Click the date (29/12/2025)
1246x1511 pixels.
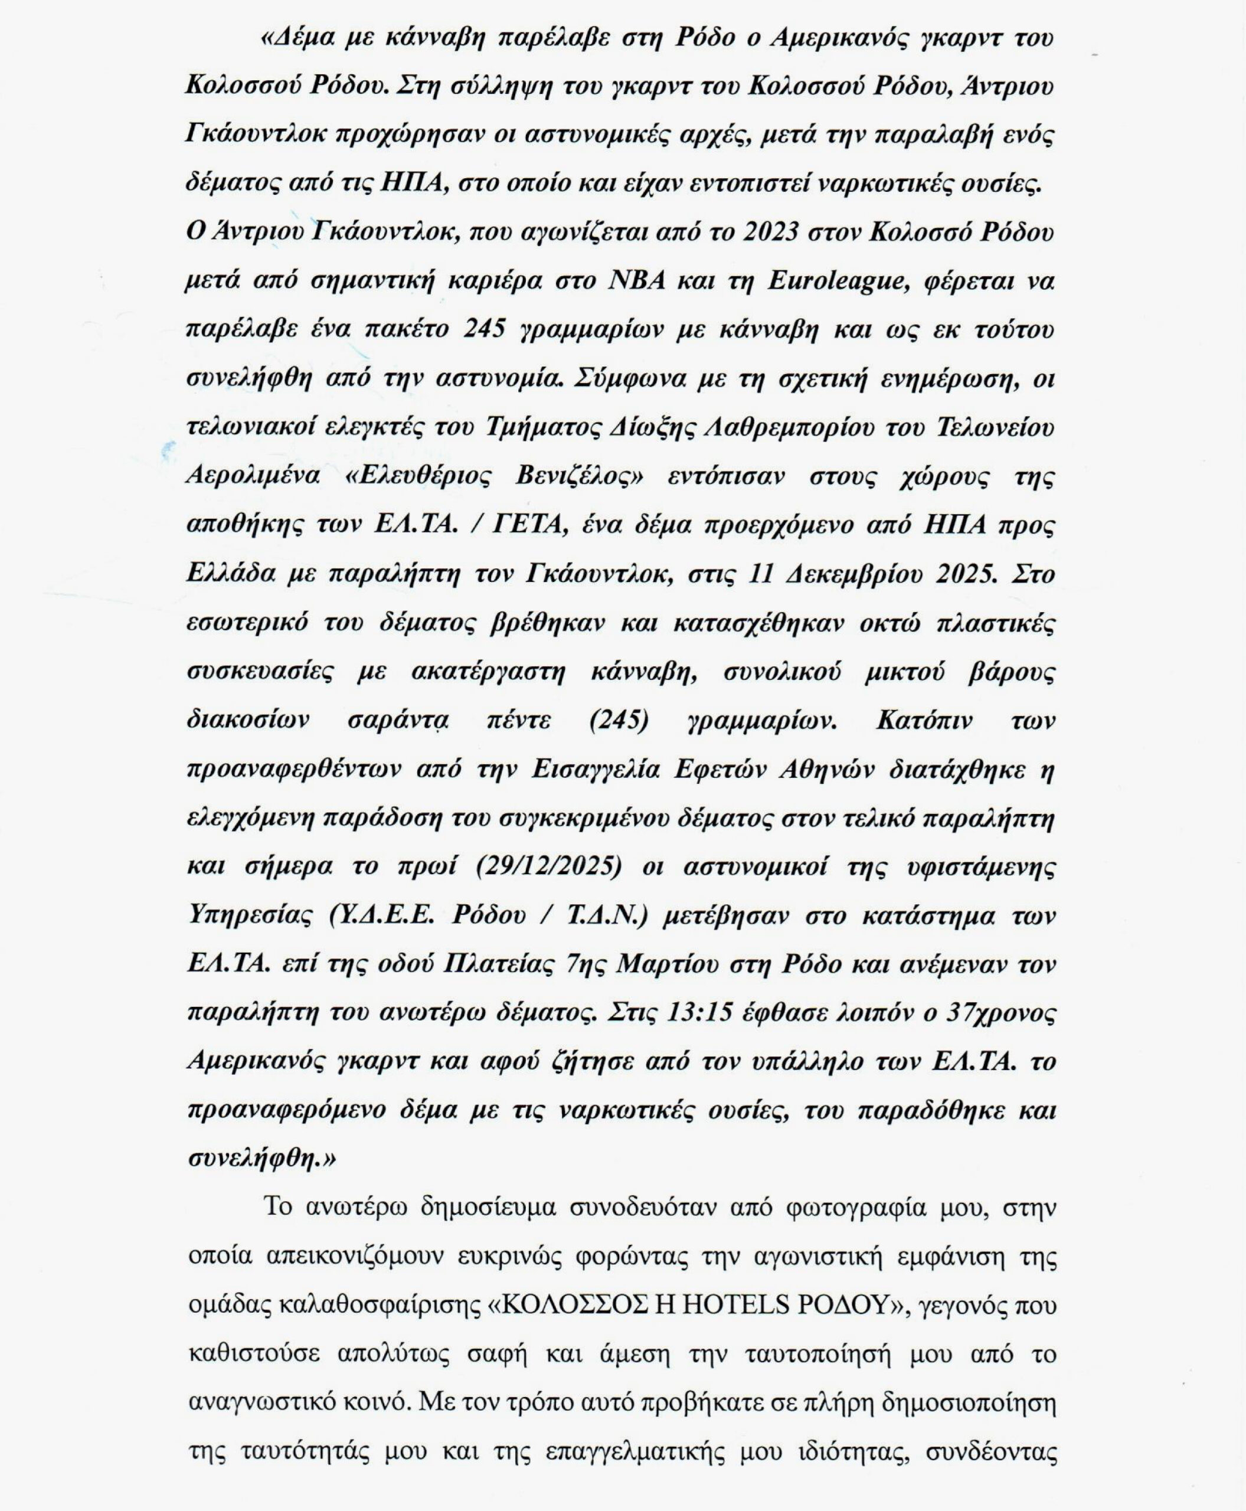(x=548, y=866)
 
